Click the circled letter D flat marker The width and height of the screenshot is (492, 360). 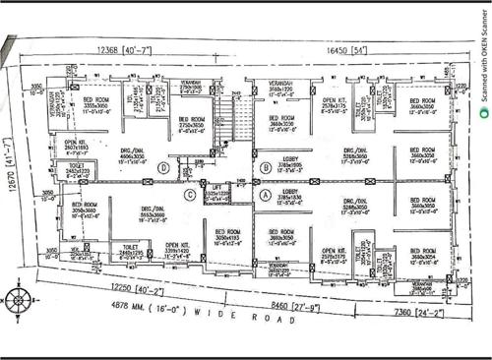(161, 168)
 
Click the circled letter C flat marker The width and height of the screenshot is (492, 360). (190, 194)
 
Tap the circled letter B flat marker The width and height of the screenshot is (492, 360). (266, 168)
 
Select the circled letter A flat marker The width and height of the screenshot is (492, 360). (265, 195)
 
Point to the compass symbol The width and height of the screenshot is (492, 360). (20, 300)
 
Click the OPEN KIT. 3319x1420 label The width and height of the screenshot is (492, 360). (178, 248)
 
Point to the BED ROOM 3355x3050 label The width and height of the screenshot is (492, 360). (95, 104)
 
